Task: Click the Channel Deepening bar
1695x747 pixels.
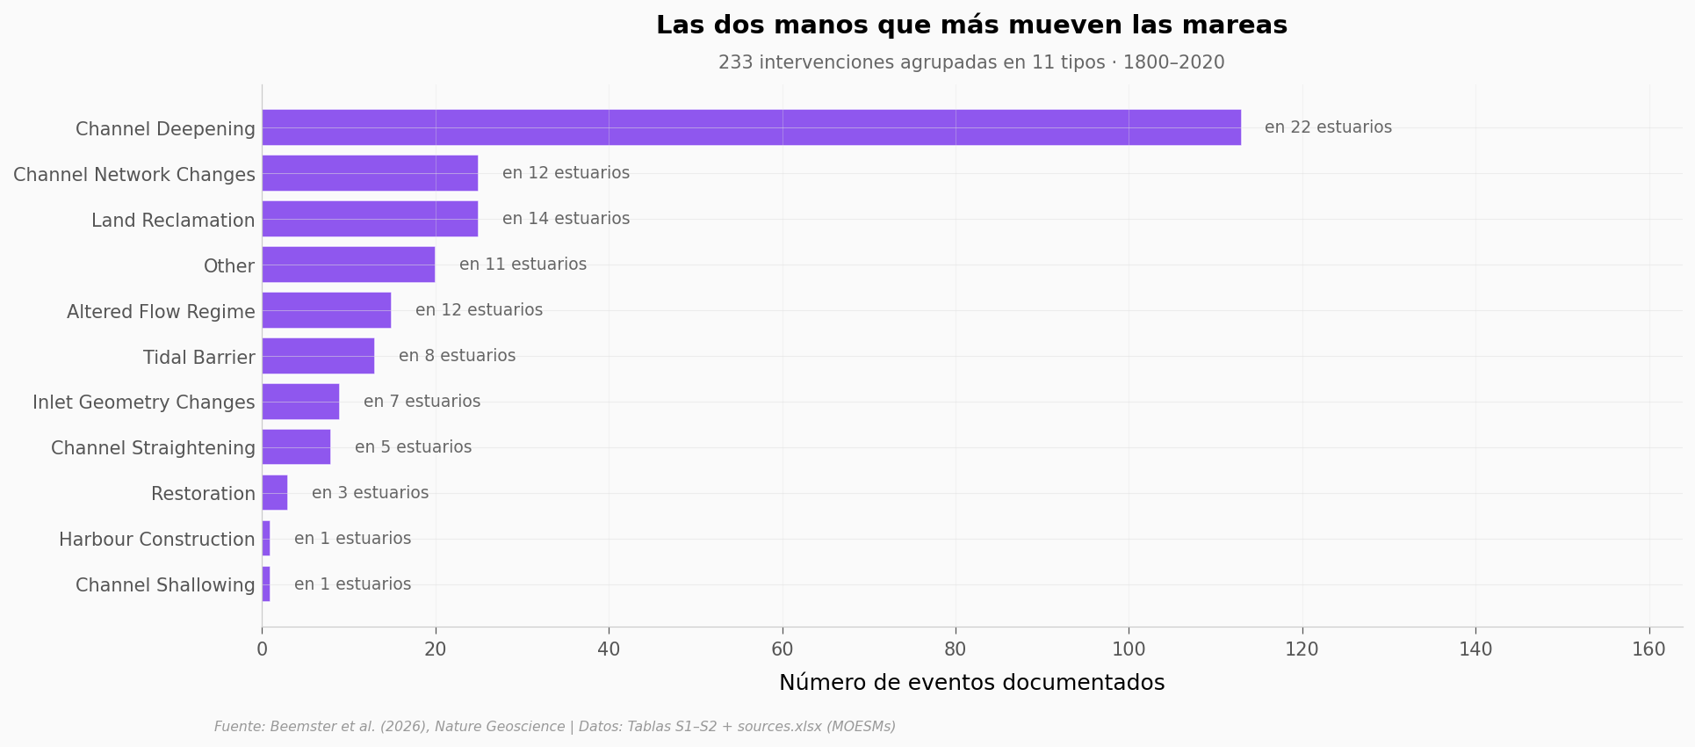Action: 751,127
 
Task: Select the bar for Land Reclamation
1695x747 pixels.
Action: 370,219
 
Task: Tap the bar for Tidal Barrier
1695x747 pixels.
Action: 318,356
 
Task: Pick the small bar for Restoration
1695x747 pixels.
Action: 275,493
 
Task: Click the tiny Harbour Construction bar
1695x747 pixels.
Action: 266,539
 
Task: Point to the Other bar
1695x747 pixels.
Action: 348,265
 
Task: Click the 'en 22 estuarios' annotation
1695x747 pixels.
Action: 1328,127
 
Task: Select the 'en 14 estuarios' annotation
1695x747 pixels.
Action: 566,219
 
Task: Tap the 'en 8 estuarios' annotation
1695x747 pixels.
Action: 457,356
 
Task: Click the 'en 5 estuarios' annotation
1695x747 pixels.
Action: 413,447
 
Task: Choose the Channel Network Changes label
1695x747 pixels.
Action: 134,175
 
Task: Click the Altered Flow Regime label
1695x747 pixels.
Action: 161,312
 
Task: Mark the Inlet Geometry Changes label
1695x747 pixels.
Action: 144,403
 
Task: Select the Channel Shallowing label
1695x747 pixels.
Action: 165,585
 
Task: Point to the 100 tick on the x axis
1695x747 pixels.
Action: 1129,649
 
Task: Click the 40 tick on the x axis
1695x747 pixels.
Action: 609,649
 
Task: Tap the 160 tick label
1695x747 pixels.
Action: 1648,649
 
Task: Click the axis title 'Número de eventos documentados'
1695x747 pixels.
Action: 971,683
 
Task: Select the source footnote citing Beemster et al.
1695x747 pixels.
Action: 554,727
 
